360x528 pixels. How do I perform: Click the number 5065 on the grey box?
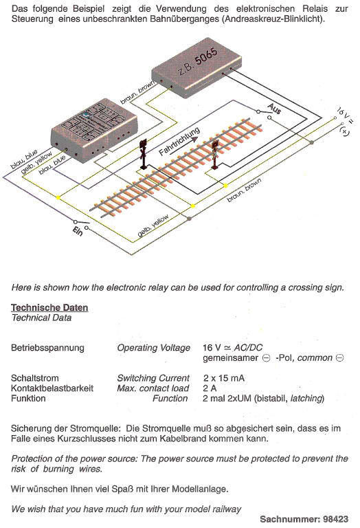click(x=206, y=56)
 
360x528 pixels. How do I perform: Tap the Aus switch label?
click(x=275, y=109)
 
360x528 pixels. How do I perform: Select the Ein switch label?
click(x=78, y=231)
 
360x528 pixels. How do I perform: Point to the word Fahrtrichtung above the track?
click(x=179, y=142)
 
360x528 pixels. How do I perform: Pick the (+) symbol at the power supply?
click(x=344, y=131)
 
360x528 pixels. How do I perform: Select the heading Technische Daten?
click(x=49, y=307)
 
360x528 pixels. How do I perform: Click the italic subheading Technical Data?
click(x=41, y=318)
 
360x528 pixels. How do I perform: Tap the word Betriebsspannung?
click(x=47, y=348)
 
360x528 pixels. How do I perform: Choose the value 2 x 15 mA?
click(x=224, y=378)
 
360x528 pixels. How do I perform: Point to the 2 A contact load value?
click(x=210, y=388)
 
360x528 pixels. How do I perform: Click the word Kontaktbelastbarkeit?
click(x=52, y=388)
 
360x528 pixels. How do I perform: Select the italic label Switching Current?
click(x=153, y=379)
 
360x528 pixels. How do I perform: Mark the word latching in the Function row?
click(x=306, y=399)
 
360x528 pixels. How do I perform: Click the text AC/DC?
click(x=248, y=348)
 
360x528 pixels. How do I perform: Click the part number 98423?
click(x=336, y=519)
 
